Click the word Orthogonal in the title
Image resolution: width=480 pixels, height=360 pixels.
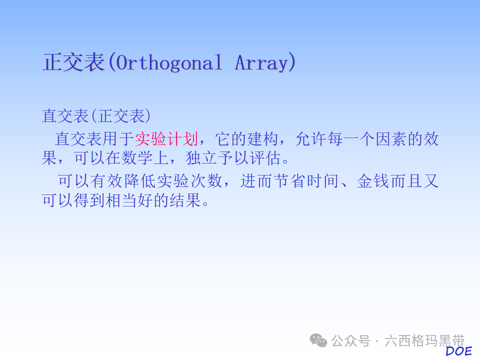coord(165,63)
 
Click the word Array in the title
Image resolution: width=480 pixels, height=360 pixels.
coord(261,63)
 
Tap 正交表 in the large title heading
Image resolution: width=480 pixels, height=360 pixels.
coord(73,63)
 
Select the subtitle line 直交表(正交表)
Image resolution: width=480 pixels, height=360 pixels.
coord(96,116)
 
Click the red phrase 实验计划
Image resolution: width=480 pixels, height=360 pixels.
coord(166,138)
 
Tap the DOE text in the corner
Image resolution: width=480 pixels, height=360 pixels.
coord(458,351)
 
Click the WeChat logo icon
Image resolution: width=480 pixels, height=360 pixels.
coord(318,340)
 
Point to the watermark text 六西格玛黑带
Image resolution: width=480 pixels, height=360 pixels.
coord(424,341)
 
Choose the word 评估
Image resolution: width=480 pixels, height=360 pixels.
coord(265,159)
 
